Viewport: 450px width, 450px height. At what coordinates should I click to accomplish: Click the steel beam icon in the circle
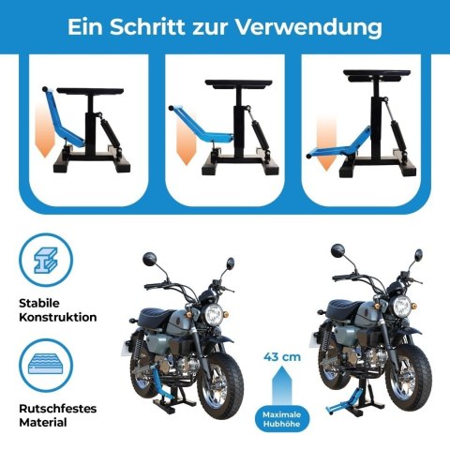(x=46, y=262)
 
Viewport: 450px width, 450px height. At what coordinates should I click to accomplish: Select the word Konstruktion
(x=57, y=317)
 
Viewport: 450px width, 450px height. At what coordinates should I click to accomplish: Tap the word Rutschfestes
(x=56, y=408)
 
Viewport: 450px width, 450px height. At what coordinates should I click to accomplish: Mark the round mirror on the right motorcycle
(x=338, y=251)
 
